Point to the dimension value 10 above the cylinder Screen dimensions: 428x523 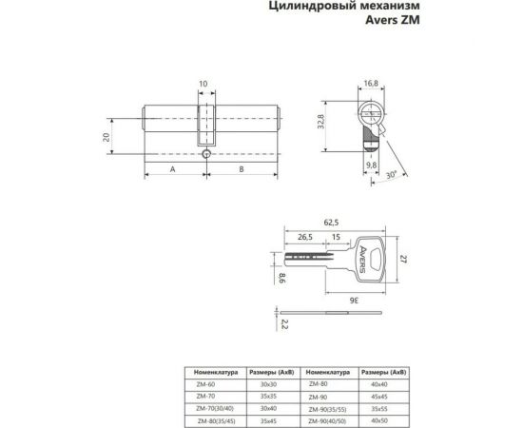click(x=203, y=84)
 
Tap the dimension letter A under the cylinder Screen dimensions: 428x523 click(x=171, y=168)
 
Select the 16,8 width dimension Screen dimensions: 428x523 click(x=371, y=84)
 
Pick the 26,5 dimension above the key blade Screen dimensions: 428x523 click(x=304, y=237)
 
